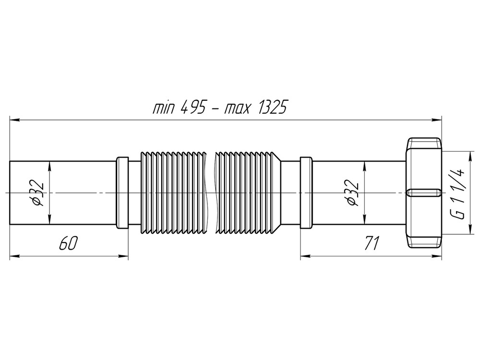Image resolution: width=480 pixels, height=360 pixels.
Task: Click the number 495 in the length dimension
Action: (193, 108)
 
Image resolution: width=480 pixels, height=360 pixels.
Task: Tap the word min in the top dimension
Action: (164, 108)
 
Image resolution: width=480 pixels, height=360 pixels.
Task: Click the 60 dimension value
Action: (68, 243)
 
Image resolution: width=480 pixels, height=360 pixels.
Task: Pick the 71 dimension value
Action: (371, 243)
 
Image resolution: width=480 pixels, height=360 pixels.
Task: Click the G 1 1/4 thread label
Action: (458, 193)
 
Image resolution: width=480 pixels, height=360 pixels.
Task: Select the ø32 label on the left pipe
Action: (37, 193)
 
